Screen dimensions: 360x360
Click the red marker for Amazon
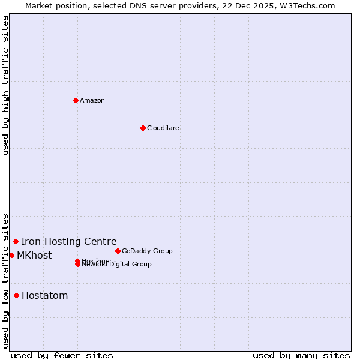76,100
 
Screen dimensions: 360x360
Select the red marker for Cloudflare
143,128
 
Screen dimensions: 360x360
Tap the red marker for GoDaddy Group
118,251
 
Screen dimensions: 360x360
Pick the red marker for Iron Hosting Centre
16,241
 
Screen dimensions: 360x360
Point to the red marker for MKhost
11,255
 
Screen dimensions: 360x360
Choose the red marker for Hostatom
16,295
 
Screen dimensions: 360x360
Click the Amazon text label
92,100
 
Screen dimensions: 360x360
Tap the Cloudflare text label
163,128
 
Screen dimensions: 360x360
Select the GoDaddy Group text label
147,251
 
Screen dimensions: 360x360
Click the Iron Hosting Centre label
69,241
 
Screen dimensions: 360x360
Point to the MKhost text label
34,255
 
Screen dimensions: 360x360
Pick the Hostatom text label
45,295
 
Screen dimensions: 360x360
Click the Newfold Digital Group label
118,265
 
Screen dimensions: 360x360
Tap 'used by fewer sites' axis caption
62,355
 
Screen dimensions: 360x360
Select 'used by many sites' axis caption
301,355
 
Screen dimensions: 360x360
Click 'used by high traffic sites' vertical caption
5,85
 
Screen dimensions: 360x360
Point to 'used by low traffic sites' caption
5,281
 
